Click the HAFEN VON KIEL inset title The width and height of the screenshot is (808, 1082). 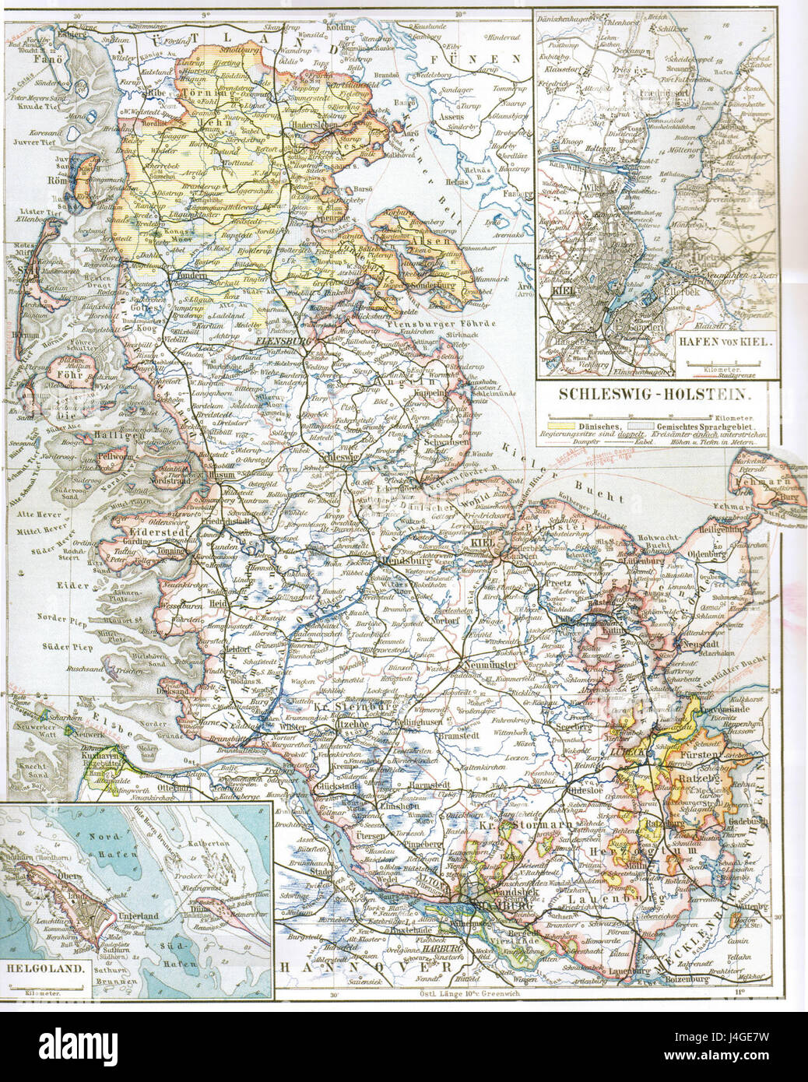click(x=719, y=362)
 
